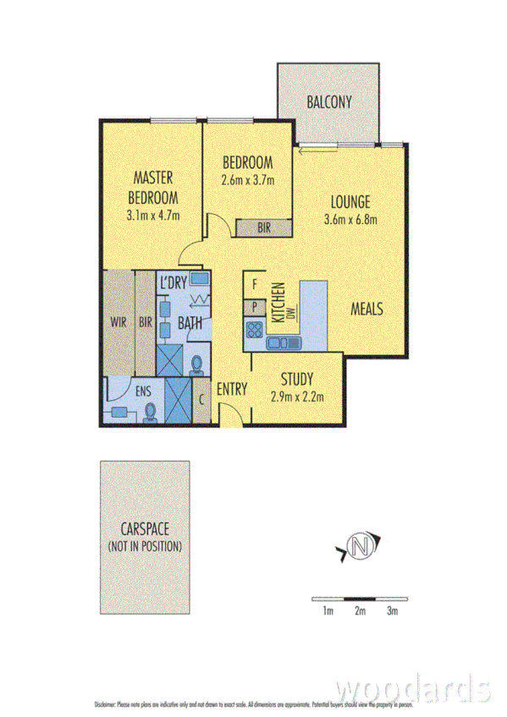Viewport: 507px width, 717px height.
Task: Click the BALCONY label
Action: coord(329,103)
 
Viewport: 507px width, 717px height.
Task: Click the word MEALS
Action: coord(367,309)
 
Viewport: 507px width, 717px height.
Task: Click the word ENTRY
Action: coord(231,389)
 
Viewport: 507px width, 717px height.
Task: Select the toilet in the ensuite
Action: coord(151,412)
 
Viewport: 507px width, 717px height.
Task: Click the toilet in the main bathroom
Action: coord(197,364)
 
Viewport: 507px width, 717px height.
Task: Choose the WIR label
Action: coord(118,321)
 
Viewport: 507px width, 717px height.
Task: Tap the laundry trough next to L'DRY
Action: coord(200,279)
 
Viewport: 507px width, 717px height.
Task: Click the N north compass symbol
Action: coord(361,548)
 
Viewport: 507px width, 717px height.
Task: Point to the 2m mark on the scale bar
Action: coord(360,610)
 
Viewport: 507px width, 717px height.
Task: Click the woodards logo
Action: coord(412,687)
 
